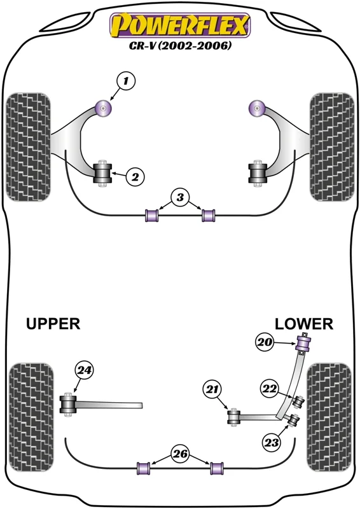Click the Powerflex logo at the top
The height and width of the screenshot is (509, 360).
[180, 25]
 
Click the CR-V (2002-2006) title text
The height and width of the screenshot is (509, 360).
[181, 46]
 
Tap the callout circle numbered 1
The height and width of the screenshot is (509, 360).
[125, 81]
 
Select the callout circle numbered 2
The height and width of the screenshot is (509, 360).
[135, 177]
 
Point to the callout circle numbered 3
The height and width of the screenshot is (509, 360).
[181, 197]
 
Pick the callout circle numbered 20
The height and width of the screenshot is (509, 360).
[265, 342]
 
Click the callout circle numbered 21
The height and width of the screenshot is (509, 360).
[212, 389]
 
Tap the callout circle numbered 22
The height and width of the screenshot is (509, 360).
[270, 389]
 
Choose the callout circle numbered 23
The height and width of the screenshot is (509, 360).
[272, 442]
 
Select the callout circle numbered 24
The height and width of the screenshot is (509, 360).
[84, 370]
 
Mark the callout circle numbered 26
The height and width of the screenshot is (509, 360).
[181, 454]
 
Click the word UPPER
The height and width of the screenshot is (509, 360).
[53, 324]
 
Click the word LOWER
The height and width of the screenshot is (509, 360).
[304, 324]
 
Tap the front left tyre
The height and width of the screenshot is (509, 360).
[29, 147]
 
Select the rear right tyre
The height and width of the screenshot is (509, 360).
[329, 417]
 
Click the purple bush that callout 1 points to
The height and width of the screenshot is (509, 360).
[104, 108]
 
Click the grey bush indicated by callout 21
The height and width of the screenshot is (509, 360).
[233, 417]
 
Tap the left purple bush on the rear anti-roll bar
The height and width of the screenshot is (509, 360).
[143, 468]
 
